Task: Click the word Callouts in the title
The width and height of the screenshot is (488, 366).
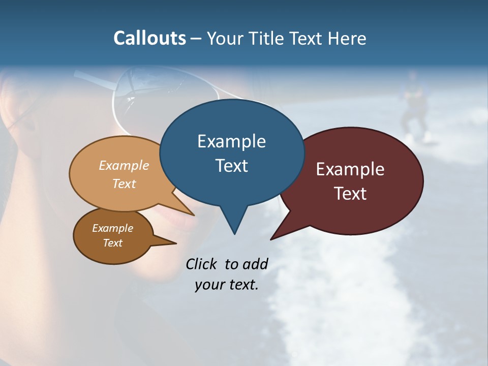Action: [149, 38]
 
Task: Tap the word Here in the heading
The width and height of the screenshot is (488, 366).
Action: [346, 38]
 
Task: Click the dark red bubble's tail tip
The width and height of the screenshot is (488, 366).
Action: [271, 239]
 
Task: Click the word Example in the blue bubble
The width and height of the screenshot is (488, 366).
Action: [231, 141]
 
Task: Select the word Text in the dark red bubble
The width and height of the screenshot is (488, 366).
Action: [351, 194]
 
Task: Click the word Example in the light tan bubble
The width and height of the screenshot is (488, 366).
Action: [124, 166]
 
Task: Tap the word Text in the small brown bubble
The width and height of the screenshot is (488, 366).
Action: [113, 243]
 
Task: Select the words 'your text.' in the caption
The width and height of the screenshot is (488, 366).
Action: [226, 285]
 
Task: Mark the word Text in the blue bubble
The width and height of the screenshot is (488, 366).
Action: [232, 166]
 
